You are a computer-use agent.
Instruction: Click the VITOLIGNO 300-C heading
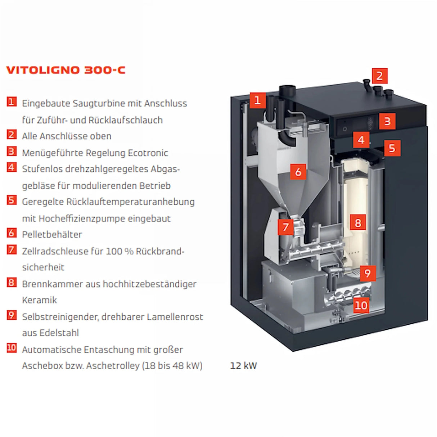tap(66, 70)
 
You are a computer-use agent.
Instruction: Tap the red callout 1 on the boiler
tap(257, 100)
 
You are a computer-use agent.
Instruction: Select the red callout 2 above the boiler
tap(379, 76)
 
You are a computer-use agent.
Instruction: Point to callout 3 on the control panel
tap(387, 121)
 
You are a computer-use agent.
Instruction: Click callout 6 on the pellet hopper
tap(298, 172)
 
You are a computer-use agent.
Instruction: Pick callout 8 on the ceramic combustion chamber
tap(358, 223)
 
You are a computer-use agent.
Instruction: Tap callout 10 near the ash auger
tap(361, 306)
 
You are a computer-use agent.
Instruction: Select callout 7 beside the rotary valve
tap(286, 227)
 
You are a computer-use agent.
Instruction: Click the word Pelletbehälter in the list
tap(52, 234)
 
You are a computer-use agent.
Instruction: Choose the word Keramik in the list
tap(39, 300)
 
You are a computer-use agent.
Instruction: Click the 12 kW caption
tap(243, 366)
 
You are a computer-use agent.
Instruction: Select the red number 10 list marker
tap(12, 348)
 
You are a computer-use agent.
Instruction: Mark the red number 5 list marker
tap(12, 200)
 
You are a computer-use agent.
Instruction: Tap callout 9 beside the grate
tap(368, 273)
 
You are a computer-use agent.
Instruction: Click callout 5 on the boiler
tap(392, 148)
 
